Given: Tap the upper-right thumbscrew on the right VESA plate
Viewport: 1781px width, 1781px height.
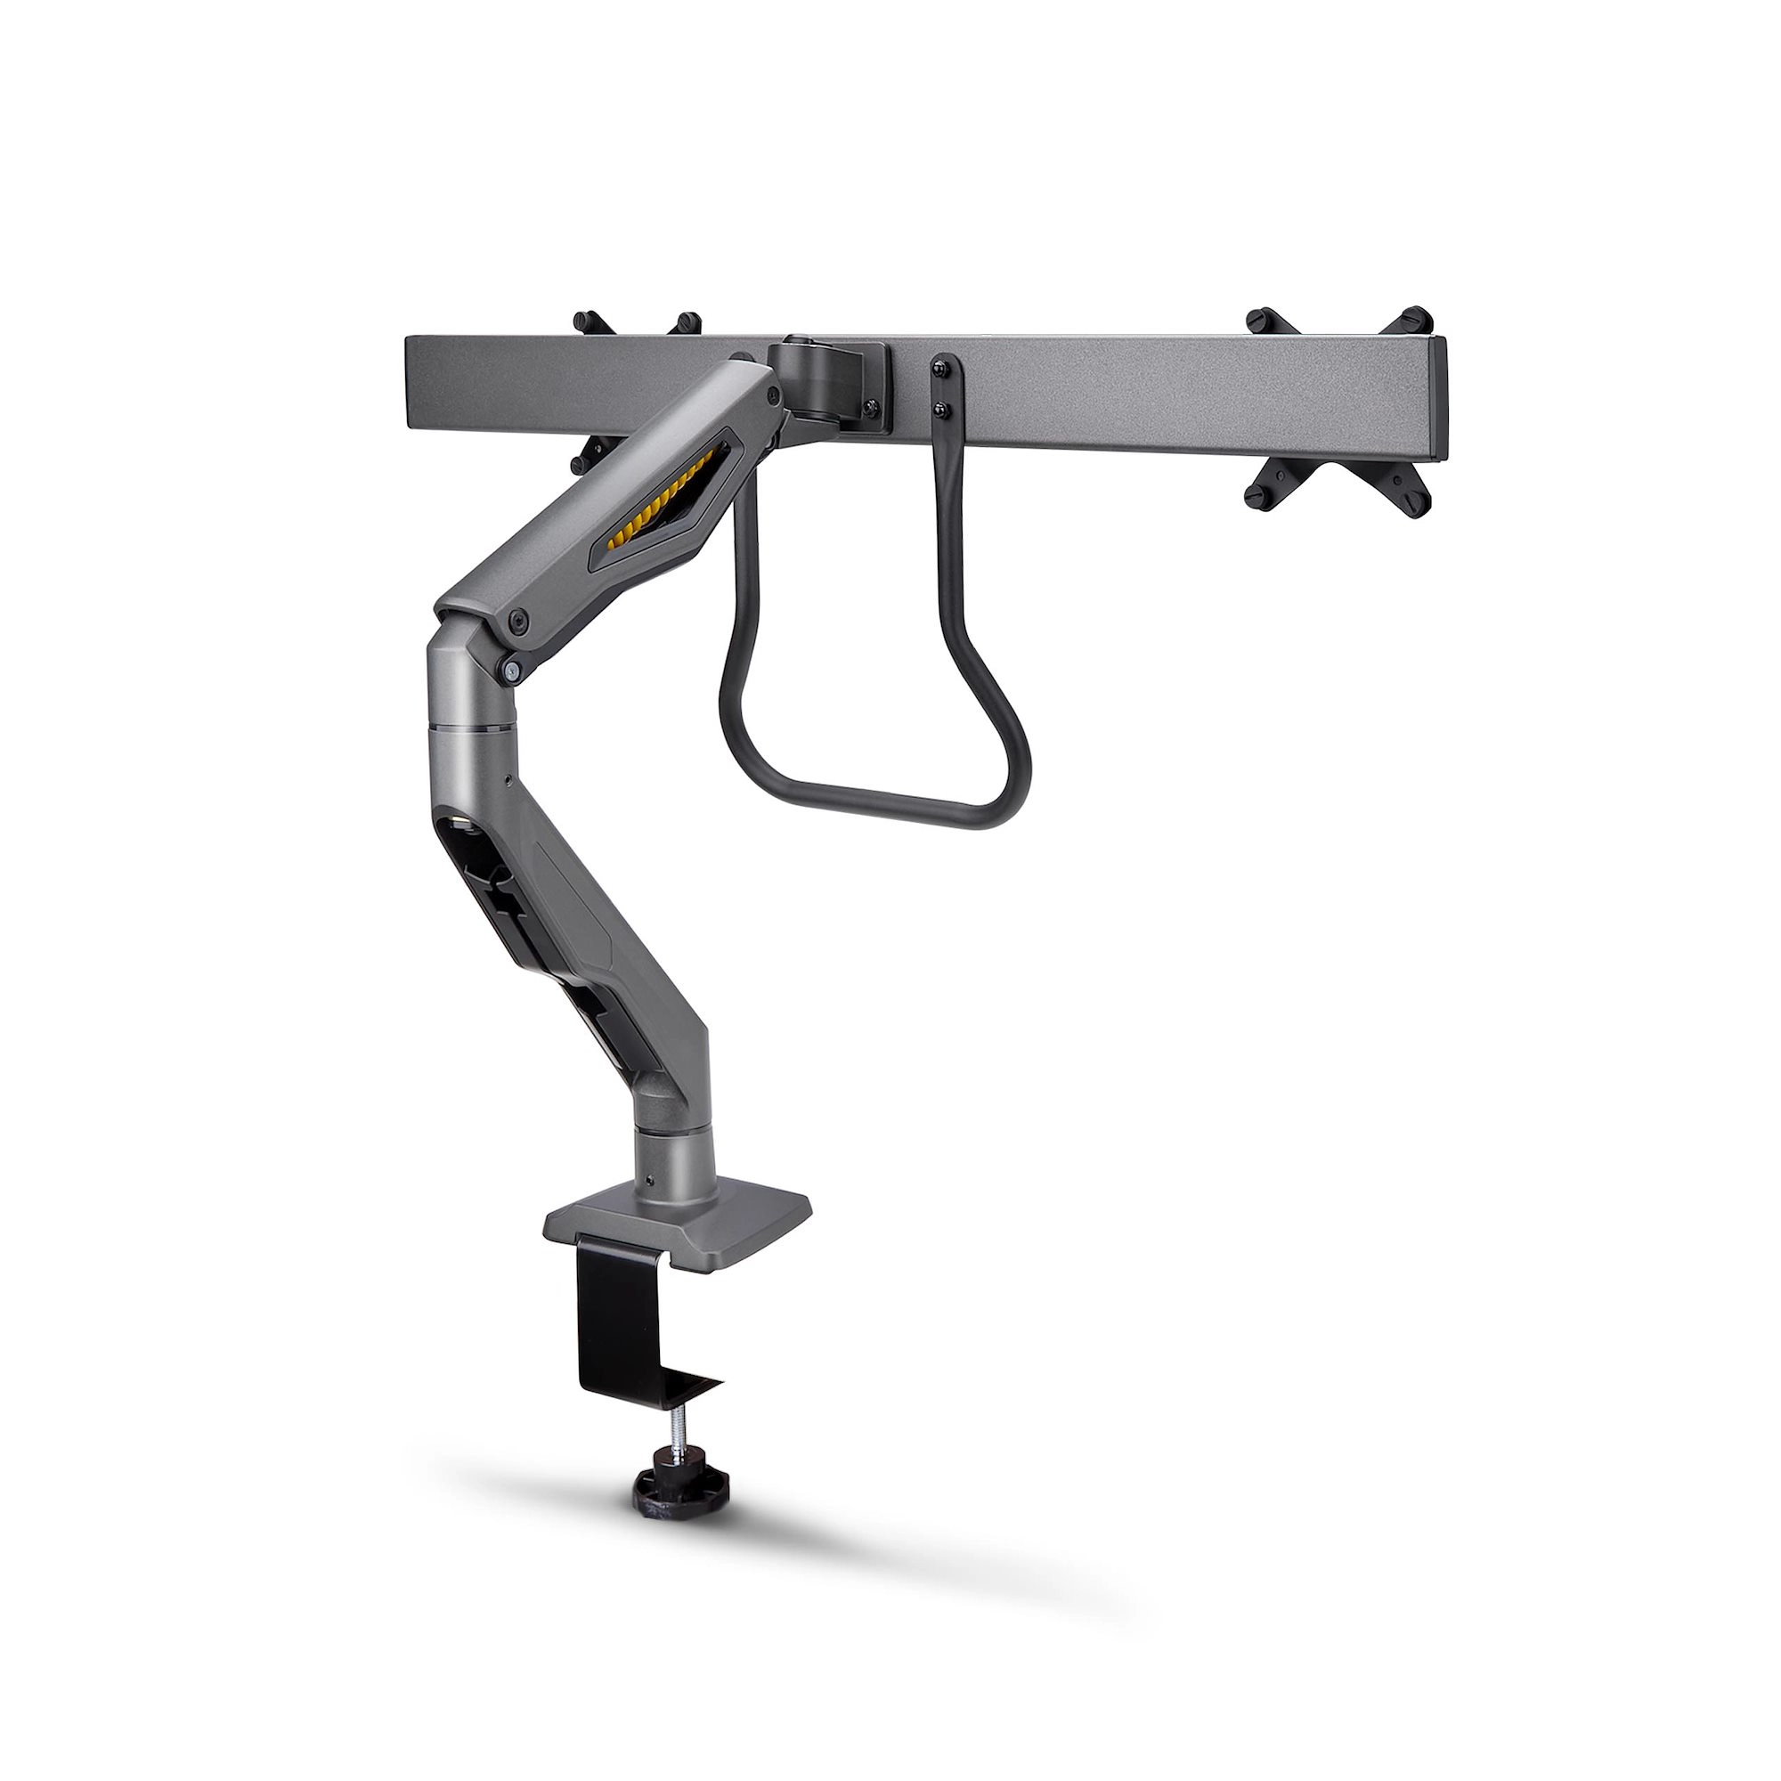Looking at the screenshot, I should click(1417, 319).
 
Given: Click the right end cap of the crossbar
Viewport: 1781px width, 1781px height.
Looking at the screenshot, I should click(1438, 401).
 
